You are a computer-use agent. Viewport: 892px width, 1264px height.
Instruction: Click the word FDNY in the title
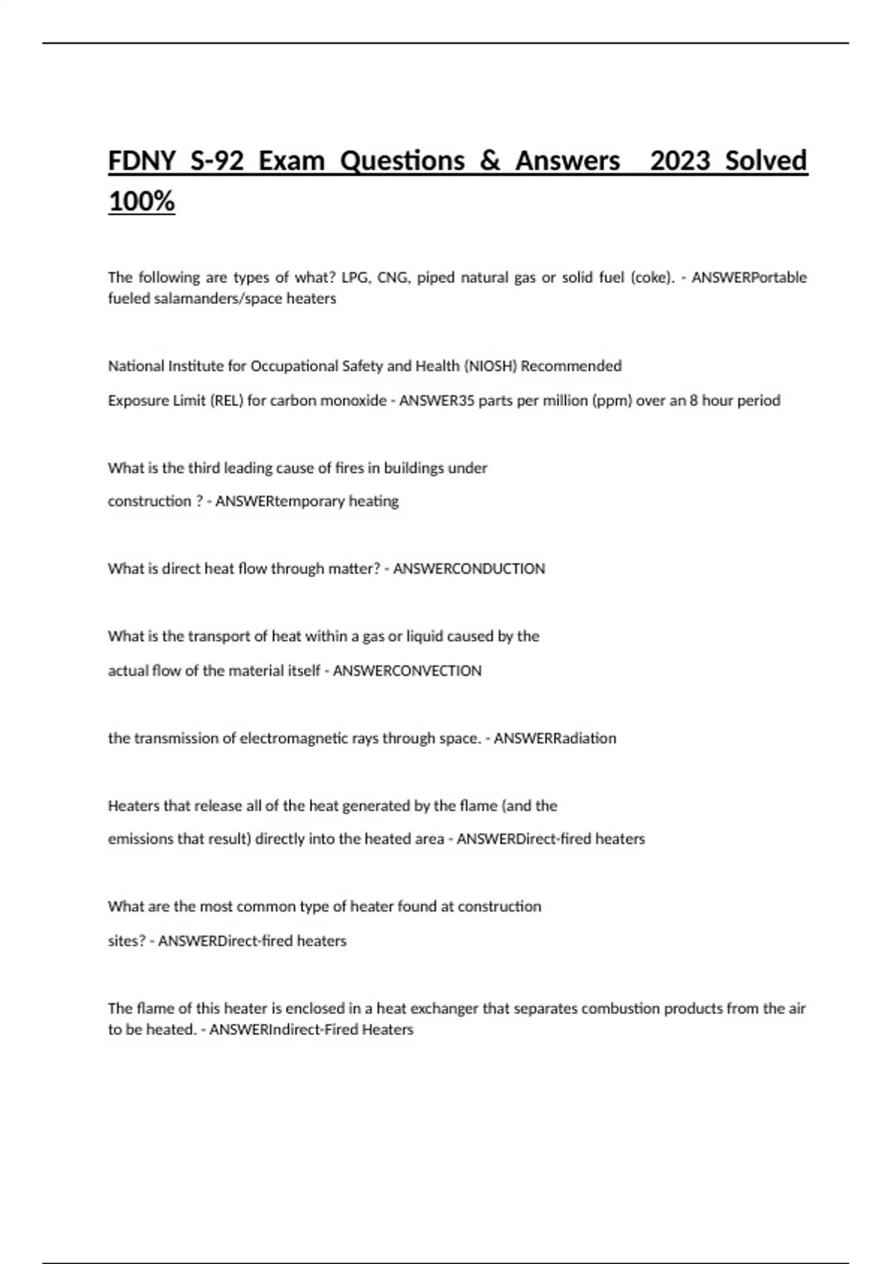click(x=142, y=161)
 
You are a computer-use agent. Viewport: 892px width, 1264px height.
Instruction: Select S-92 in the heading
click(x=217, y=161)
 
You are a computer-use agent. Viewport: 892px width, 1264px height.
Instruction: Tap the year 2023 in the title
click(x=679, y=161)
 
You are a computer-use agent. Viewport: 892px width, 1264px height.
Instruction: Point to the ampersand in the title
click(x=490, y=161)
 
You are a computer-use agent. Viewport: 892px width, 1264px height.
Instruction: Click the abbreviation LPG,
click(x=355, y=278)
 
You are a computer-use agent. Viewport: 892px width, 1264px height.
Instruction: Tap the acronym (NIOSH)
click(x=491, y=366)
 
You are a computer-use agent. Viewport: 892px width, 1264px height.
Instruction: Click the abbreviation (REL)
click(x=226, y=401)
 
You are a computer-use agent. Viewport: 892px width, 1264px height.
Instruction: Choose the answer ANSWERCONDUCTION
click(x=469, y=569)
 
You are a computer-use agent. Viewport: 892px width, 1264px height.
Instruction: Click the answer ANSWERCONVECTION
click(x=407, y=671)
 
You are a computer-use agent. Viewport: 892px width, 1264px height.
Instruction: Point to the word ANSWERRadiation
click(x=555, y=738)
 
